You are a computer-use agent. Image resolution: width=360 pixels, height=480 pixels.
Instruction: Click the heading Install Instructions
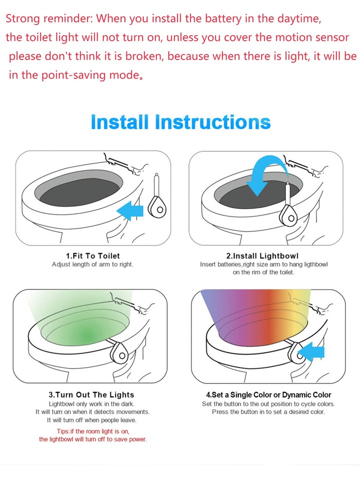[x=180, y=122]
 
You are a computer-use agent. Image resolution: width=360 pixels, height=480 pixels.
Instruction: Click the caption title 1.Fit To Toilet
[x=93, y=256]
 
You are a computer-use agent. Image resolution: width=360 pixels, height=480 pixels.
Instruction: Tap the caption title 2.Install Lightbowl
[x=262, y=256]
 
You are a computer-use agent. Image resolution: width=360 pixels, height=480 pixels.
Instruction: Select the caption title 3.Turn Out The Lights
[x=91, y=394]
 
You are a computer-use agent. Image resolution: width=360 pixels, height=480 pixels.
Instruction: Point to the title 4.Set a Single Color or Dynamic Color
[x=268, y=394]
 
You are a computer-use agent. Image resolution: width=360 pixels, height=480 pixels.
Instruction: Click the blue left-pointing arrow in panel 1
[x=130, y=211]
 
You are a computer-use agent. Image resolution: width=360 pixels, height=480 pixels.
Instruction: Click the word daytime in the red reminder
[x=299, y=19]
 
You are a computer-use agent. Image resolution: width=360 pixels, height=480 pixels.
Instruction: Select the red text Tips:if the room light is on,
[x=93, y=431]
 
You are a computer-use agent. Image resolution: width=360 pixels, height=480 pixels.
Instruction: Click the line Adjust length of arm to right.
[x=92, y=264]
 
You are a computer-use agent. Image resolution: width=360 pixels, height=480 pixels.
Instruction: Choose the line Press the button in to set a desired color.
[x=268, y=412]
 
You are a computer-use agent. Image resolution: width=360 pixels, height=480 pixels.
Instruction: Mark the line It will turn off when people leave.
[x=92, y=420]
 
